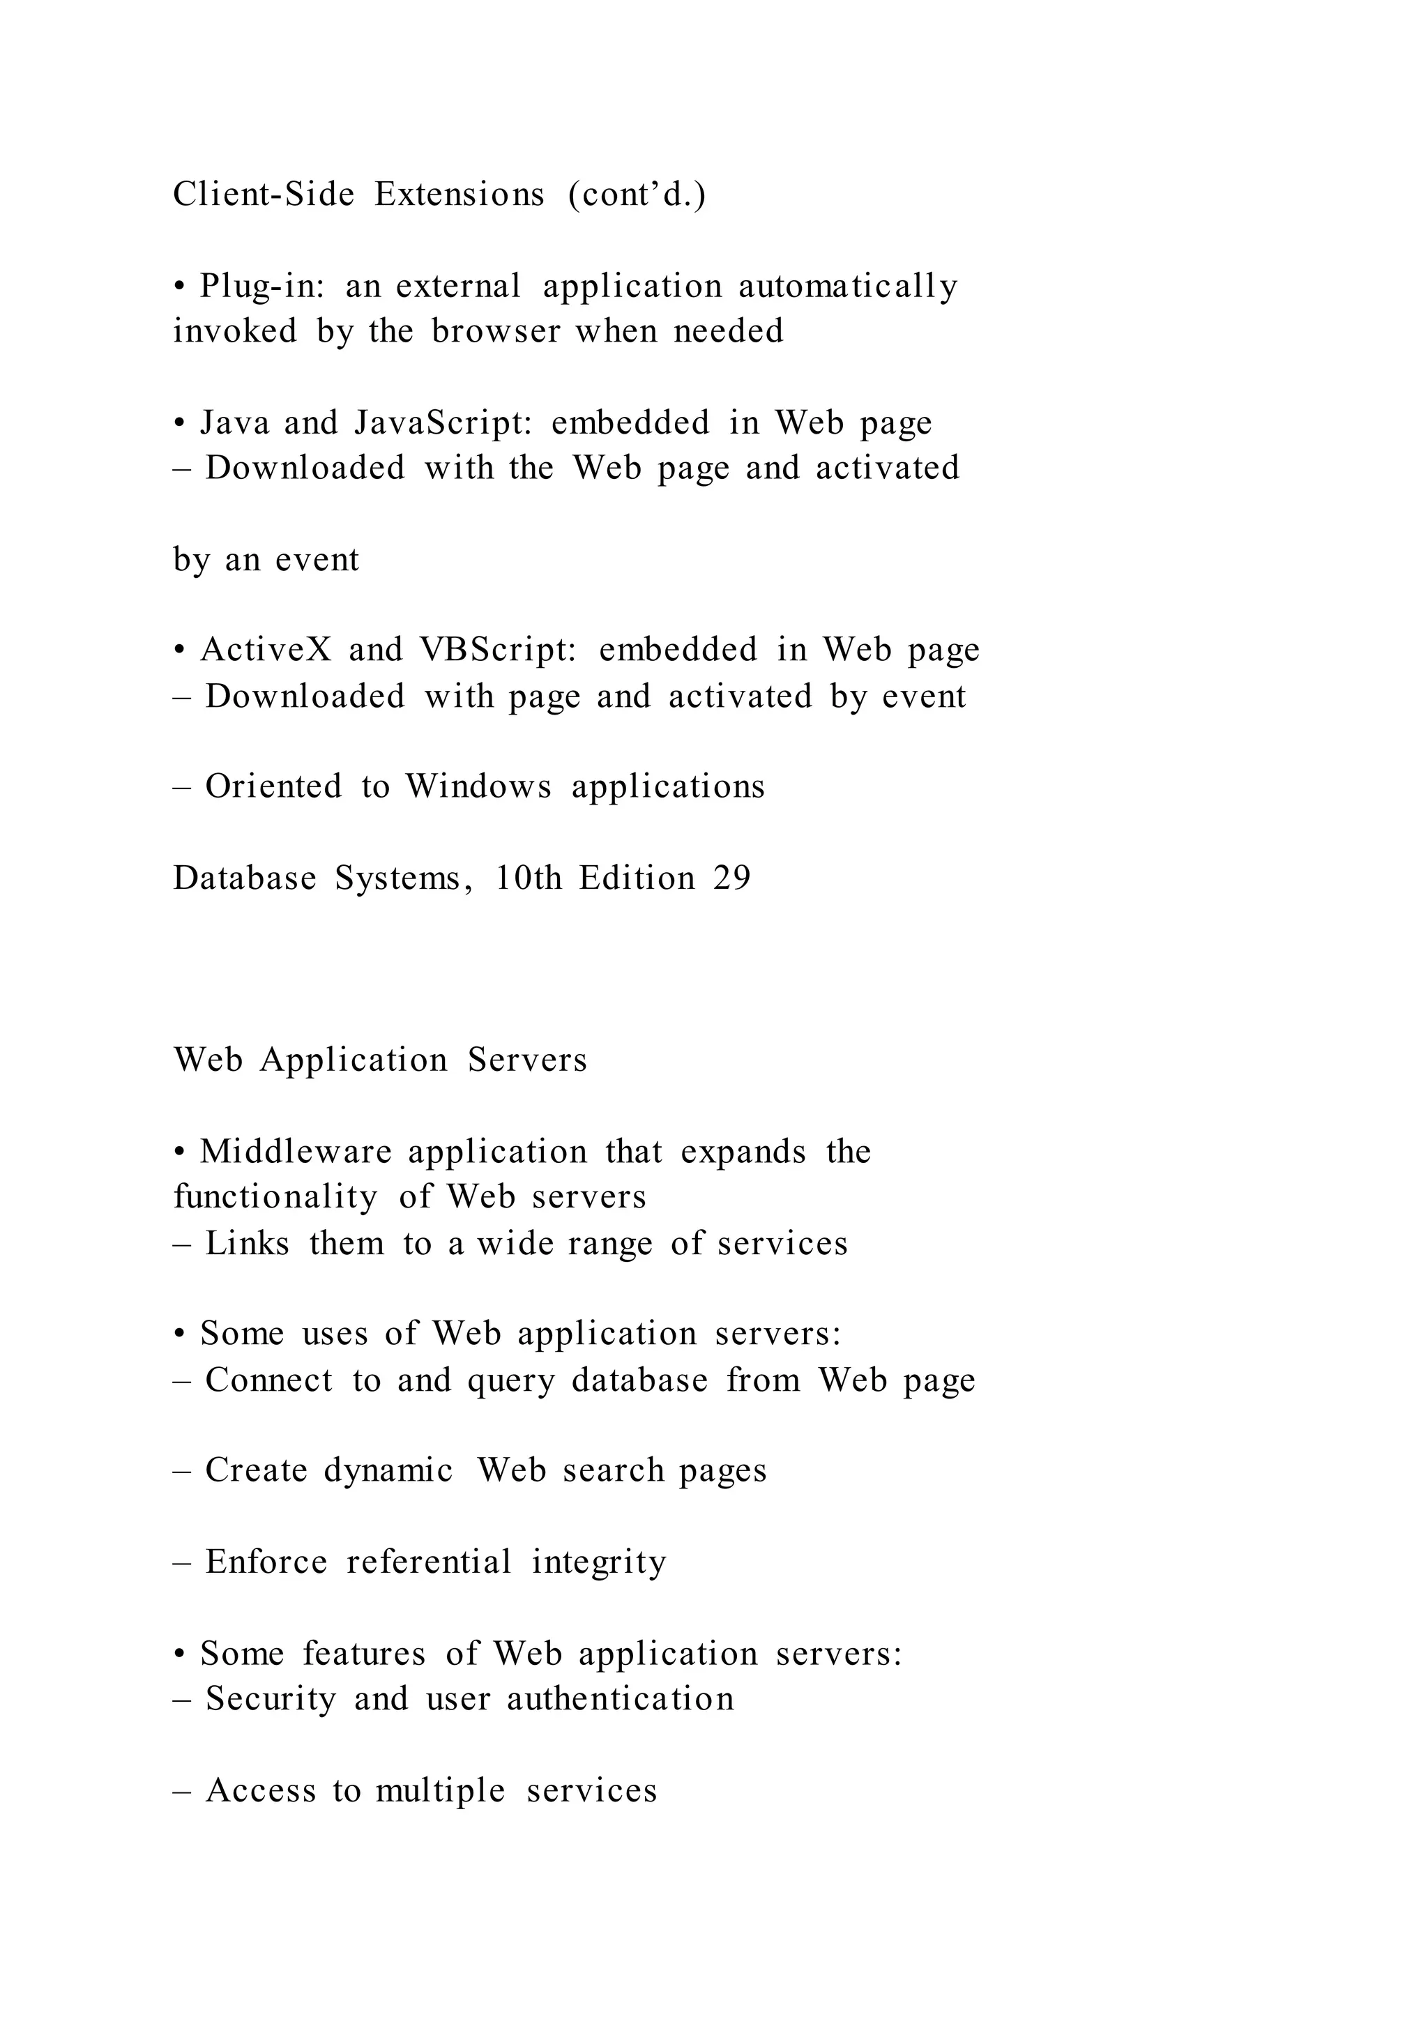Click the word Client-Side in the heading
point(263,195)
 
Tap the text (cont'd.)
point(637,195)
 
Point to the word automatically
point(848,287)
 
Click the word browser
point(495,332)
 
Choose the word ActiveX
point(266,650)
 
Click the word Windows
point(478,786)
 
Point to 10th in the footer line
point(529,878)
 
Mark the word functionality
point(275,1197)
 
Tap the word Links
point(247,1244)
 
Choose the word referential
point(429,1562)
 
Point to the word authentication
point(620,1698)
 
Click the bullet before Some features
point(179,1655)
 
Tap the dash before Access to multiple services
point(182,1791)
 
